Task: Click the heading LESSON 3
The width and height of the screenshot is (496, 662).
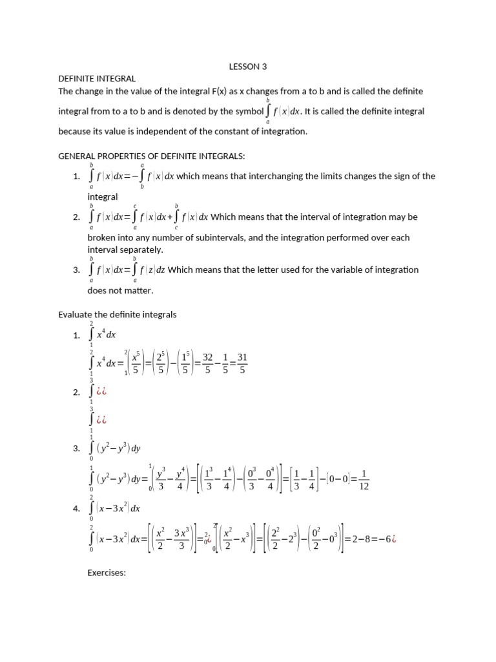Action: [x=248, y=66]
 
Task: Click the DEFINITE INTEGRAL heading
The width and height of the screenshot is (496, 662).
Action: [x=97, y=78]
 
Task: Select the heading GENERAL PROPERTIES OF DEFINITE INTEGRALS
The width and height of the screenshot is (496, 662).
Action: [x=152, y=156]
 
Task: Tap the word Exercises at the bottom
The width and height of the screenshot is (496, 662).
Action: [x=107, y=572]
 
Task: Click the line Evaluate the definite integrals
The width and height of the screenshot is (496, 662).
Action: [x=117, y=314]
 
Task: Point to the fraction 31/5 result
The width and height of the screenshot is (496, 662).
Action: [x=242, y=363]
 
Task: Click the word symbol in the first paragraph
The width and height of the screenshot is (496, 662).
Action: [x=249, y=111]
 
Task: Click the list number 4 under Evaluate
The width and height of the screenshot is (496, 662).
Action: [x=76, y=509]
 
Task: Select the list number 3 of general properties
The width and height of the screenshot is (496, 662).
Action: [x=76, y=270]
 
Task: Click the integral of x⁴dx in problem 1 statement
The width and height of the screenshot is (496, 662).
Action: [x=103, y=335]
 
